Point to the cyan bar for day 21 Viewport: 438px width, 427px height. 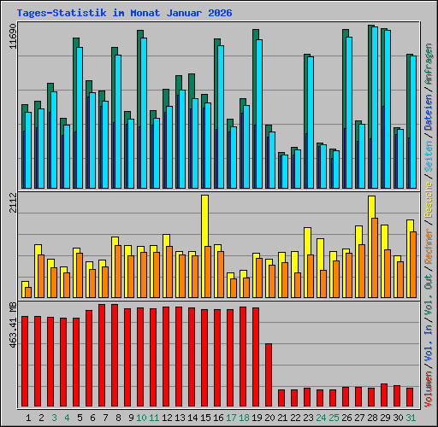[284, 172]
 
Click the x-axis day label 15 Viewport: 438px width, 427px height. [204, 418]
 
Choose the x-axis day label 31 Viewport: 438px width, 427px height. [410, 418]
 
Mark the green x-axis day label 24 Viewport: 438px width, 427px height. [320, 418]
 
